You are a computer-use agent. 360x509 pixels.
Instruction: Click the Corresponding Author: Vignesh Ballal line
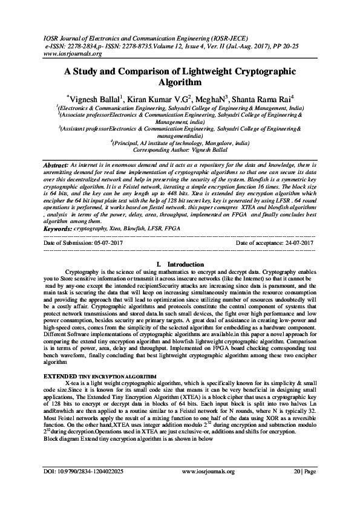(179, 149)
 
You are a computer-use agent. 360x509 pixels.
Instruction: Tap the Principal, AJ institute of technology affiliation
(180, 143)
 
